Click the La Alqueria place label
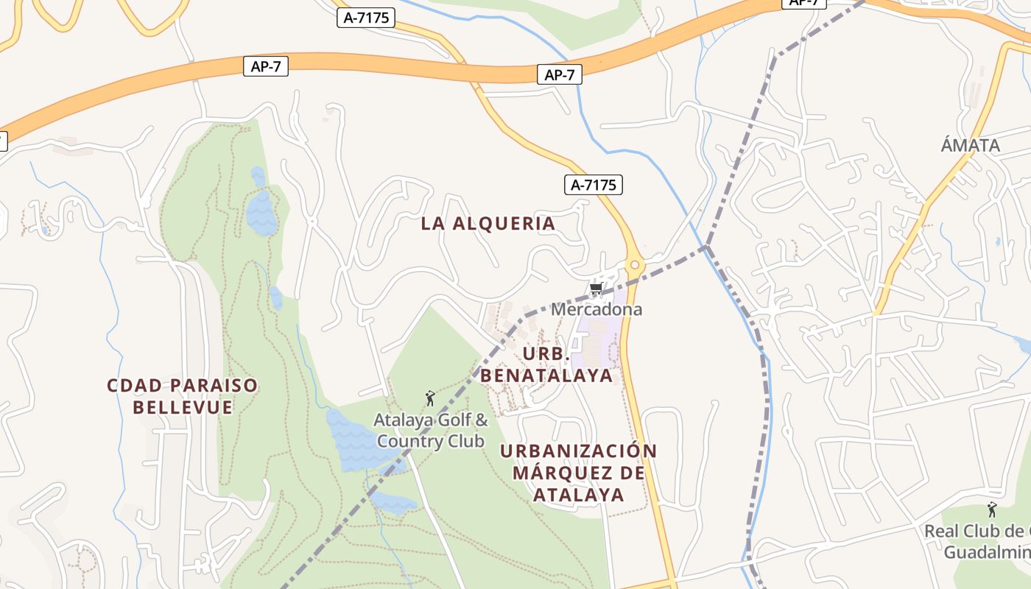point(488,224)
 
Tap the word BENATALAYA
point(546,375)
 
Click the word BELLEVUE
point(183,407)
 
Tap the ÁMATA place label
point(970,146)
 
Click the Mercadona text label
point(597,309)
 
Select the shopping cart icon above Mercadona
point(597,289)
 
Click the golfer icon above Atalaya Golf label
point(430,399)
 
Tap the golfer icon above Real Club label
point(992,509)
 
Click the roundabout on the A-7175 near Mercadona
point(634,265)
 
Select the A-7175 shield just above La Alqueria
point(594,185)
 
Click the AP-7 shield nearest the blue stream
point(560,74)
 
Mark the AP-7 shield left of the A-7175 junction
point(265,66)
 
